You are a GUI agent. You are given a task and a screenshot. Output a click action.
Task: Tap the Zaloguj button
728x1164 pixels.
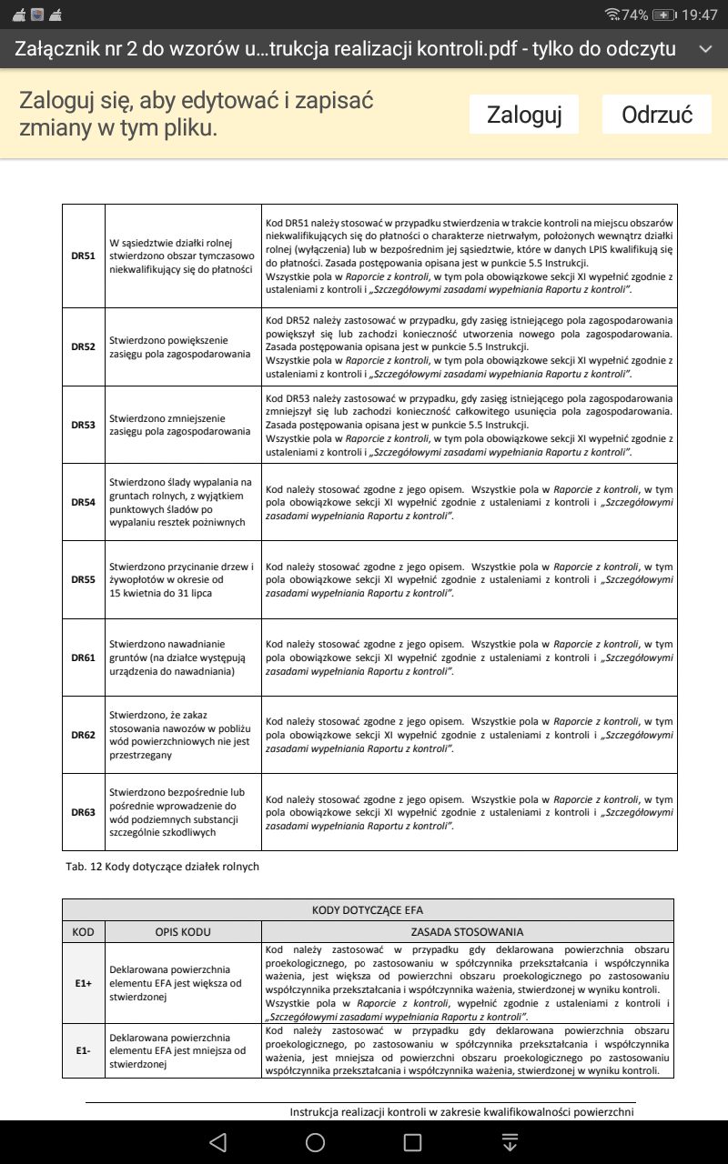coord(524,115)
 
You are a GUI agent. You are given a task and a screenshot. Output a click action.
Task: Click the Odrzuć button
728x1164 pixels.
coord(657,115)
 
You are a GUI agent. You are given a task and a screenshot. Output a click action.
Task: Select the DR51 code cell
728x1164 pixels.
coord(84,256)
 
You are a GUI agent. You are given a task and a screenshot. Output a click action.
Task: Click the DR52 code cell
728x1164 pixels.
coord(84,346)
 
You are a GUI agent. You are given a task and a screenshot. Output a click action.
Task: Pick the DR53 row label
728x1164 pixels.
coord(84,425)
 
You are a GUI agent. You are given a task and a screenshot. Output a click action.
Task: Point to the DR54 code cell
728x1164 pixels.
coord(84,502)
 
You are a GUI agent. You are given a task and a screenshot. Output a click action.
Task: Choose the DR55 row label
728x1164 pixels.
coord(84,579)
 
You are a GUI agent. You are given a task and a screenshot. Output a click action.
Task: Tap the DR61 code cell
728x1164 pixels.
coord(84,657)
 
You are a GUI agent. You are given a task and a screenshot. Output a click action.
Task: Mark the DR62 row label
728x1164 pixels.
coord(84,735)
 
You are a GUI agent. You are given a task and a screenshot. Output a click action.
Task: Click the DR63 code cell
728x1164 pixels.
coord(84,812)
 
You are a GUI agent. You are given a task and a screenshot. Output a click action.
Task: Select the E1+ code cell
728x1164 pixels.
coord(84,983)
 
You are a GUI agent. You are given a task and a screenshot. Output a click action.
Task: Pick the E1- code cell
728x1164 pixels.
coord(84,1051)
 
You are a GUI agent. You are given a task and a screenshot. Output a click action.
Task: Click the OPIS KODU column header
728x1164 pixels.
coord(183,932)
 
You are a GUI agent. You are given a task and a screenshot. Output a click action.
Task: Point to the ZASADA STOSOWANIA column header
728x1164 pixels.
coord(468,932)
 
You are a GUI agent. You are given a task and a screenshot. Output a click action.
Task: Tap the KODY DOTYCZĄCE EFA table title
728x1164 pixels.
coord(368,910)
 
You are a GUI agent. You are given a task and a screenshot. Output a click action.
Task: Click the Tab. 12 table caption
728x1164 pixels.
coord(162,867)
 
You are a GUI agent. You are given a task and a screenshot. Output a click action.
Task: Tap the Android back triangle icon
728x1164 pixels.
coord(217,1142)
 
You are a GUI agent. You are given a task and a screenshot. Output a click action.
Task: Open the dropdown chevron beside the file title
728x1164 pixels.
coord(704,48)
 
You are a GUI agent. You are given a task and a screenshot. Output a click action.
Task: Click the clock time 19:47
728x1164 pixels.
coord(699,15)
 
